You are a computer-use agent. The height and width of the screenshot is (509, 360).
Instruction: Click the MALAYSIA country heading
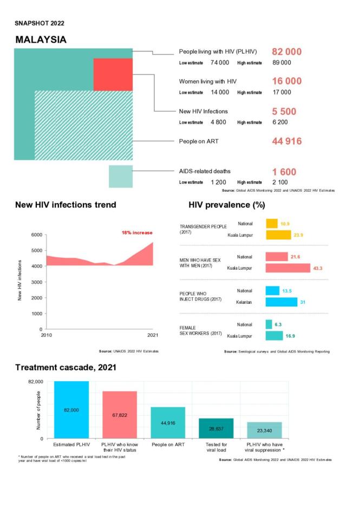tap(41, 40)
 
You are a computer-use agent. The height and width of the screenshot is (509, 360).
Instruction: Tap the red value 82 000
tap(286, 52)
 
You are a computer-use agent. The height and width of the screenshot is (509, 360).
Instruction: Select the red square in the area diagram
tap(113, 74)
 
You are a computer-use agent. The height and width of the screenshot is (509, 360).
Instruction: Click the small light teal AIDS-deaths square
tap(121, 177)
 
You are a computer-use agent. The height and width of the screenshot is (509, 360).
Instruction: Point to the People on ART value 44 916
tap(286, 141)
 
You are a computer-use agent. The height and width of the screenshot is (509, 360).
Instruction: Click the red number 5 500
tap(284, 112)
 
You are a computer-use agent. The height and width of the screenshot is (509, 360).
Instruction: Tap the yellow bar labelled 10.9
tap(272, 224)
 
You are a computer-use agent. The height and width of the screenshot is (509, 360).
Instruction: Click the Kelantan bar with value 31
tap(282, 302)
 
